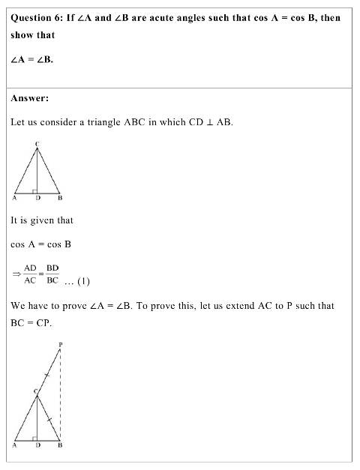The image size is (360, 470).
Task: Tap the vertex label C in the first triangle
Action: (37, 142)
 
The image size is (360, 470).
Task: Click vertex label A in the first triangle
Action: (14, 199)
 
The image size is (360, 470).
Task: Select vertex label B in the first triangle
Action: (60, 199)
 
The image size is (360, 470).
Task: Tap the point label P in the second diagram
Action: (60, 346)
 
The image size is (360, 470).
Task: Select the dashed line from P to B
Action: (60, 397)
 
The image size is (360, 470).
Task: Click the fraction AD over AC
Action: (30, 274)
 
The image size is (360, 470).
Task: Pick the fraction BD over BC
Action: (52, 274)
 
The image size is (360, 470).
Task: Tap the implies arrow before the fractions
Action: (16, 274)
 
